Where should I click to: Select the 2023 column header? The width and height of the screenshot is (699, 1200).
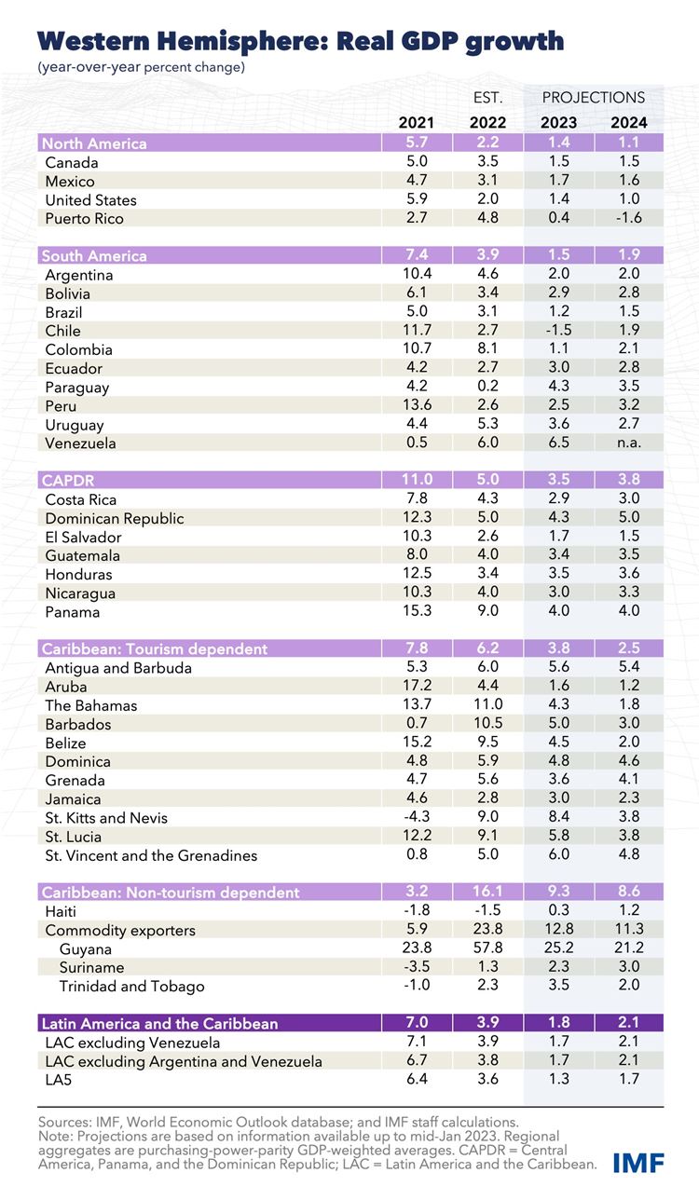tap(557, 122)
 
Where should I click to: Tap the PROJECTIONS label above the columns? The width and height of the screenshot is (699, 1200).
tap(594, 97)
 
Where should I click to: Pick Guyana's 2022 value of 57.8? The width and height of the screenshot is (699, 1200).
tap(487, 948)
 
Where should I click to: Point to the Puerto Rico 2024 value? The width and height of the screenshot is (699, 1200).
tap(627, 219)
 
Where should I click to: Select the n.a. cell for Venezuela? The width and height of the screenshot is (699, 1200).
tap(627, 443)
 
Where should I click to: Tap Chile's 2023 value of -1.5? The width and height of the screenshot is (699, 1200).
tap(557, 331)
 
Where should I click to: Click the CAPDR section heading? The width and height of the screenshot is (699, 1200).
tap(66, 481)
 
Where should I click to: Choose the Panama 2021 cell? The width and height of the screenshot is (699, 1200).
tap(415, 612)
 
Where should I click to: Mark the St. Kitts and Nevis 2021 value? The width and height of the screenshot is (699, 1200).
tap(415, 818)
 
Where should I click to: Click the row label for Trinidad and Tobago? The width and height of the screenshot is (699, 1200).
tap(132, 986)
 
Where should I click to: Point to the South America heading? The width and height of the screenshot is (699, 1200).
tap(94, 256)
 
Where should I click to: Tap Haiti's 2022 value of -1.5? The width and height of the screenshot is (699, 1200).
tap(487, 911)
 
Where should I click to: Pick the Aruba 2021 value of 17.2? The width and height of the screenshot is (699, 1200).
tap(415, 687)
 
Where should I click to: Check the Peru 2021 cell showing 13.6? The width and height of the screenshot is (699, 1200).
tap(415, 406)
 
